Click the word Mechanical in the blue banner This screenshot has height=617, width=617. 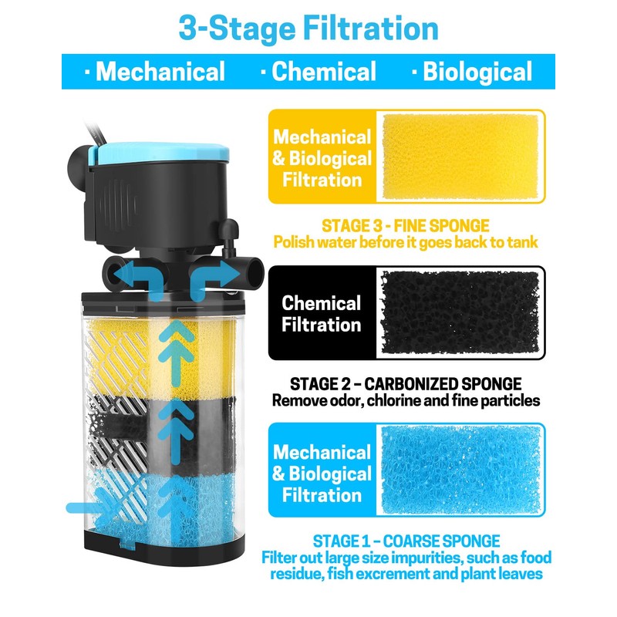pos(160,72)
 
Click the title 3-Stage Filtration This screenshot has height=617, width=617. pos(308,28)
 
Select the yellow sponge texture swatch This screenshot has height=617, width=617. pos(459,157)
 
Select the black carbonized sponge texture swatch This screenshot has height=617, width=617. pos(459,313)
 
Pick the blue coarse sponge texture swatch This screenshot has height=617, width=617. pos(459,470)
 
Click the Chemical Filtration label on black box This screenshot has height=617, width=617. pos(321,314)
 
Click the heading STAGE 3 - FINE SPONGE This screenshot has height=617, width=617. pos(406,226)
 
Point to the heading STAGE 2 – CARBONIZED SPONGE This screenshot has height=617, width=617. pos(405,383)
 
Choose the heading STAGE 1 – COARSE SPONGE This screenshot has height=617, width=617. pos(406,541)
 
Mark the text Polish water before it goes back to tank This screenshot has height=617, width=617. pos(406,242)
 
